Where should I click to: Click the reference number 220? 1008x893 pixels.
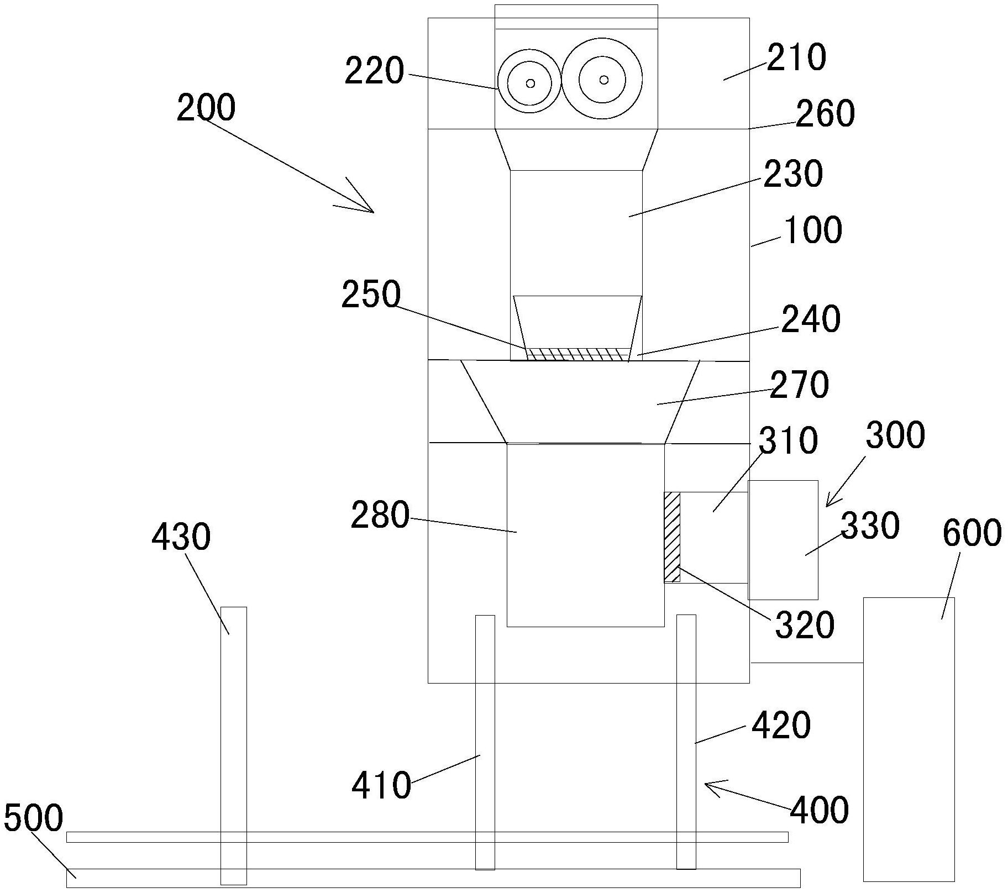pyautogui.click(x=374, y=71)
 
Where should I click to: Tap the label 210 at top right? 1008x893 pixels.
pyautogui.click(x=796, y=57)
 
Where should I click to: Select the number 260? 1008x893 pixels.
pyautogui.click(x=825, y=113)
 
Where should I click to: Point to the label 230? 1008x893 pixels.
pyautogui.click(x=793, y=174)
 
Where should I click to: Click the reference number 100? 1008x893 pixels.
pyautogui.click(x=813, y=230)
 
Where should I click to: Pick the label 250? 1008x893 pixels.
pyautogui.click(x=371, y=295)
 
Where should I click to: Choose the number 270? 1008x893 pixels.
pyautogui.click(x=800, y=385)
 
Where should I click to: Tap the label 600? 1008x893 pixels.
pyautogui.click(x=972, y=533)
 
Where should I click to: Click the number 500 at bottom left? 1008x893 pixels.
pyautogui.click(x=33, y=818)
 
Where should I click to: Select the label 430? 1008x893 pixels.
pyautogui.click(x=181, y=537)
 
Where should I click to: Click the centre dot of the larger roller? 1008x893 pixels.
pyautogui.click(x=603, y=80)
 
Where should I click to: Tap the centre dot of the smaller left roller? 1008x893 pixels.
pyautogui.click(x=531, y=83)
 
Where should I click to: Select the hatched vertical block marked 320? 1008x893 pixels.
pyautogui.click(x=672, y=537)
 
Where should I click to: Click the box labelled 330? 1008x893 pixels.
pyautogui.click(x=783, y=540)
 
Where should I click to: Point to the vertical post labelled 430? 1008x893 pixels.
pyautogui.click(x=233, y=746)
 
